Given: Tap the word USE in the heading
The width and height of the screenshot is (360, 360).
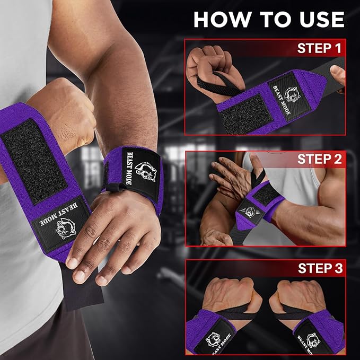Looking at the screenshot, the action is coord(322,19).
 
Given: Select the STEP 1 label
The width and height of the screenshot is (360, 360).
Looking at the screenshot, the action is coord(319,48).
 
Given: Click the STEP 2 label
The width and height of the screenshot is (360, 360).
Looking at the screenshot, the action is coord(320,159).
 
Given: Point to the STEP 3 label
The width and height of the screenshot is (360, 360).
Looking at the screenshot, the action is coord(320,268).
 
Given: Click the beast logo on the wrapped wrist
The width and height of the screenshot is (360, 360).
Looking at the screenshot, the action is coord(146,171).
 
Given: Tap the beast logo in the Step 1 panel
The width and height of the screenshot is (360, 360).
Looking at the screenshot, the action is coord(293,94).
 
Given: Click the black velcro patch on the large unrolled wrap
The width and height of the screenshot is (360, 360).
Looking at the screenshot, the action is coord(34,161).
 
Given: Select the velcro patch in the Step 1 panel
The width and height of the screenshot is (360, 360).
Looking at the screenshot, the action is coord(245,113).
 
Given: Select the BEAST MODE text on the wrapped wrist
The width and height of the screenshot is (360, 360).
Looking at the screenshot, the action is coord(129,168).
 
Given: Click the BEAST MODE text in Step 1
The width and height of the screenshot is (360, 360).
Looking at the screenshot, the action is coord(282,100).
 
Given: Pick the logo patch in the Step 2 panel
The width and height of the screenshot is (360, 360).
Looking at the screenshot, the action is coord(250,212).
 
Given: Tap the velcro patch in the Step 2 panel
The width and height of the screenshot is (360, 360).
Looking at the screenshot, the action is coord(266,195).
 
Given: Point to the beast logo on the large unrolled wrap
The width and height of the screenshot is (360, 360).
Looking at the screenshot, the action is coord(66,229).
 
